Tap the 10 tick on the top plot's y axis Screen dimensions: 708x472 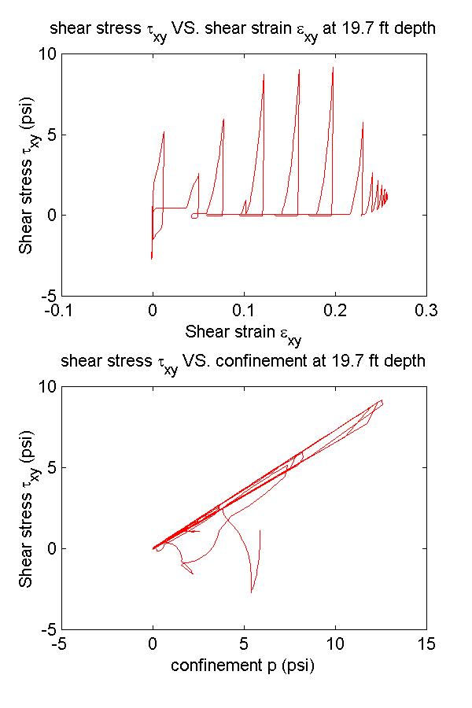[x=46, y=53]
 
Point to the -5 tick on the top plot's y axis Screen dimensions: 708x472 [x=46, y=296]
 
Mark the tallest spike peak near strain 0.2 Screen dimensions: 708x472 [x=333, y=68]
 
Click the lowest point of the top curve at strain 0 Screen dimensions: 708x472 [x=152, y=258]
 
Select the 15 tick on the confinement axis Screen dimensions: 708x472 [x=426, y=643]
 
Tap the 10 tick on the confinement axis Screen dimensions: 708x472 [x=335, y=643]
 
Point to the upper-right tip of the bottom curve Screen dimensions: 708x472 [x=382, y=401]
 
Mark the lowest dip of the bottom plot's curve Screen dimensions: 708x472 [x=252, y=592]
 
